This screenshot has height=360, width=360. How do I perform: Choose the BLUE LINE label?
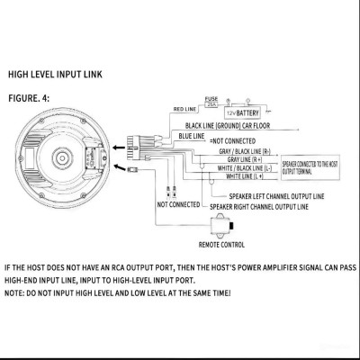point(192,134)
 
